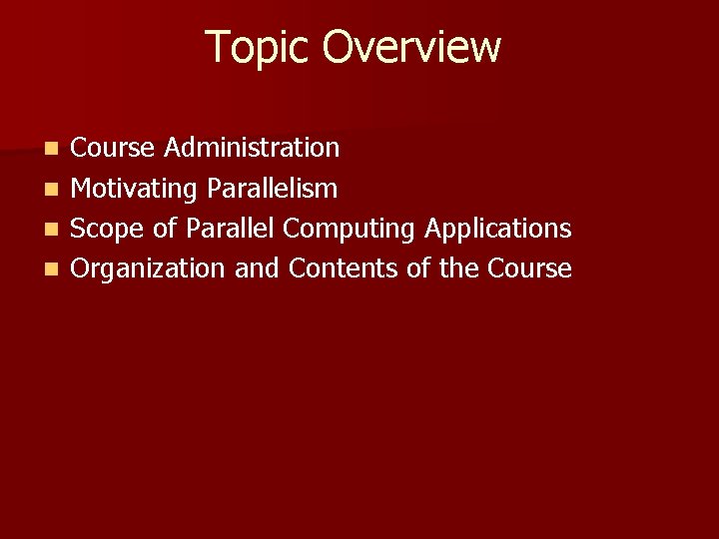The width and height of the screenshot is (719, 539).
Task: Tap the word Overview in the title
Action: click(x=411, y=48)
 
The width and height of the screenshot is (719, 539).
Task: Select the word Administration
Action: click(x=252, y=148)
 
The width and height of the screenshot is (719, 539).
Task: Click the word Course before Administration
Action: click(x=113, y=148)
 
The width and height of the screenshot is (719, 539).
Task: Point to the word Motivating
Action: click(x=135, y=188)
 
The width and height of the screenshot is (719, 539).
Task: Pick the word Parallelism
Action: click(x=272, y=188)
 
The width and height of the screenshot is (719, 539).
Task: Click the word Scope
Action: click(x=108, y=229)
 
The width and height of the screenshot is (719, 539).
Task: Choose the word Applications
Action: click(x=497, y=229)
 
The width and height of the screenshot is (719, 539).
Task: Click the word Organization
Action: click(x=148, y=269)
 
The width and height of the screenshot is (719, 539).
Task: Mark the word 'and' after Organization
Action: click(x=257, y=268)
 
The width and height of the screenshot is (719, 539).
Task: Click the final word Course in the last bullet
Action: click(x=529, y=268)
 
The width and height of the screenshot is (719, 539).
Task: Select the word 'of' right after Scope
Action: click(x=164, y=228)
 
